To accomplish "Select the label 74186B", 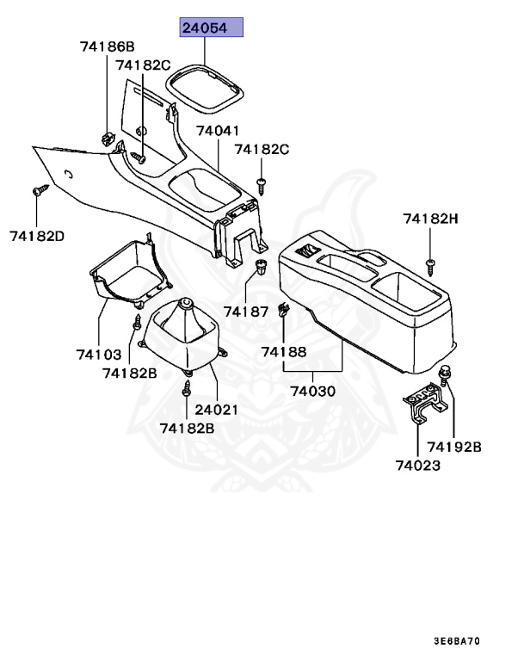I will (x=108, y=46).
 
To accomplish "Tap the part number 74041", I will (x=218, y=131).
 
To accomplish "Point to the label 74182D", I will (x=38, y=234).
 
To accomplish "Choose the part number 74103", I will (x=98, y=354).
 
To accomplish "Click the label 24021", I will (x=216, y=410).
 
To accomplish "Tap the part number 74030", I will (x=312, y=391).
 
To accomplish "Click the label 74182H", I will (x=430, y=219).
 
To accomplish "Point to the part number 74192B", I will (x=454, y=447).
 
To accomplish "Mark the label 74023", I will (x=418, y=466).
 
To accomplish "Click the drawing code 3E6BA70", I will (x=457, y=642).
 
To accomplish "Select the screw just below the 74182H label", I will (x=430, y=261).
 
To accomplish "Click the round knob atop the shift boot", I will (x=186, y=306).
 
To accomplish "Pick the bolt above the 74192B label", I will (x=445, y=374).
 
